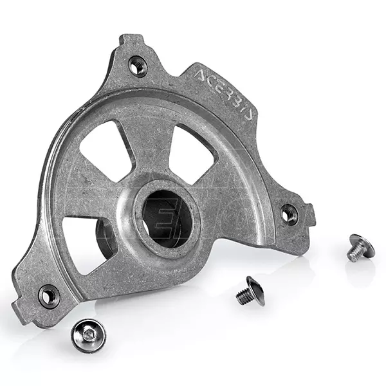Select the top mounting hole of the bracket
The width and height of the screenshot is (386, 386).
137,64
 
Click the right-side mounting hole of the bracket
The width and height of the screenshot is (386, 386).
289,212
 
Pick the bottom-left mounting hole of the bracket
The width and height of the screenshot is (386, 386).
49,295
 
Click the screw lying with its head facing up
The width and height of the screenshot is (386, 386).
87,335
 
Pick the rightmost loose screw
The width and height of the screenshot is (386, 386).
358,247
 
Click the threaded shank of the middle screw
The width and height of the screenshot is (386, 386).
243,297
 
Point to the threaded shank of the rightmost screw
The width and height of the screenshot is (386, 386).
353,253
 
